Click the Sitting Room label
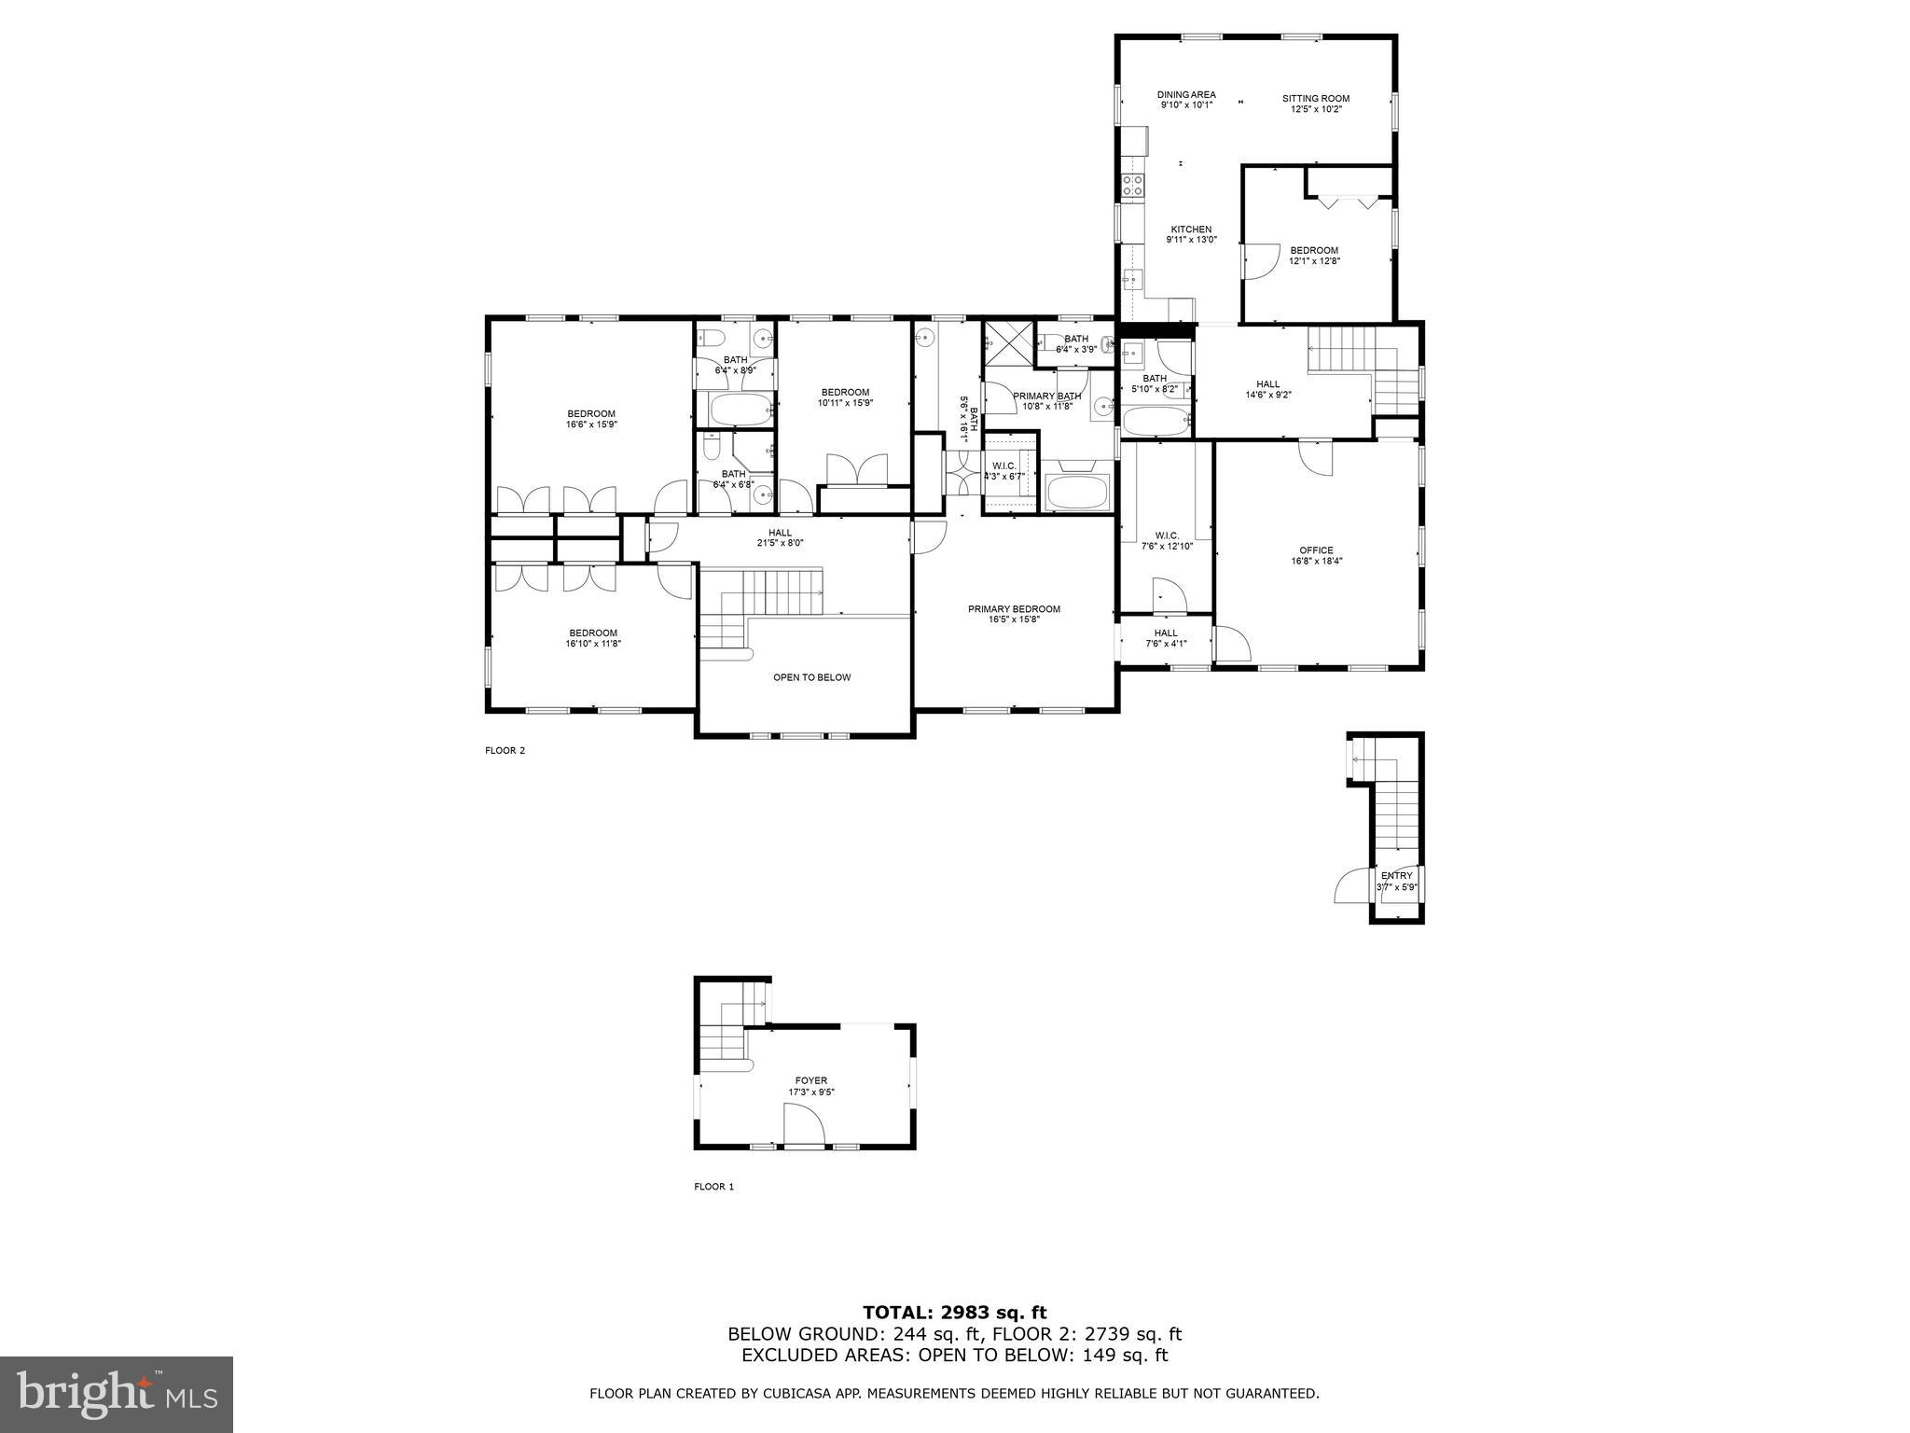(x=1315, y=104)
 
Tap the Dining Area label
(x=1186, y=100)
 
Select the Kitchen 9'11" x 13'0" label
(x=1191, y=234)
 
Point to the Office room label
(x=1316, y=556)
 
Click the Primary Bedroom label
(x=1014, y=614)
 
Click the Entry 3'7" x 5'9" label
(x=1396, y=881)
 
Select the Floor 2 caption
(x=505, y=750)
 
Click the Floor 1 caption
(x=713, y=1187)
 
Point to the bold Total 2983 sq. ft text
(x=954, y=1314)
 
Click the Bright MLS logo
(x=116, y=1394)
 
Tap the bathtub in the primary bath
(x=1078, y=491)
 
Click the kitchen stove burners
(x=1132, y=186)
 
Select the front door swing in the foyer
(x=804, y=1123)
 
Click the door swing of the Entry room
(x=1351, y=885)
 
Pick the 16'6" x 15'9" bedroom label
(x=591, y=419)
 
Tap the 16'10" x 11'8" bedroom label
(x=592, y=637)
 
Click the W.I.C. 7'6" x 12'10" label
(x=1167, y=540)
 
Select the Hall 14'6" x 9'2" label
(x=1267, y=389)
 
